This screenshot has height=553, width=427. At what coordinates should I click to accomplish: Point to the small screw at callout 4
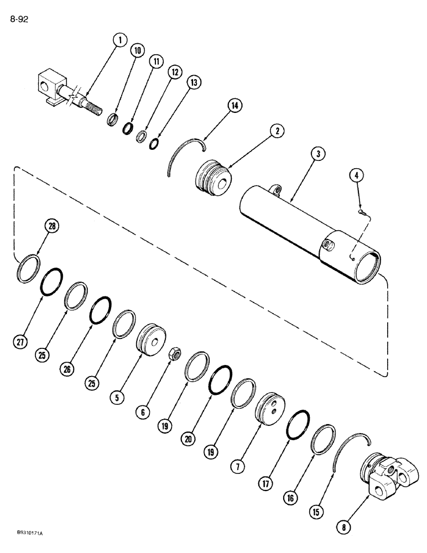(x=360, y=211)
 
